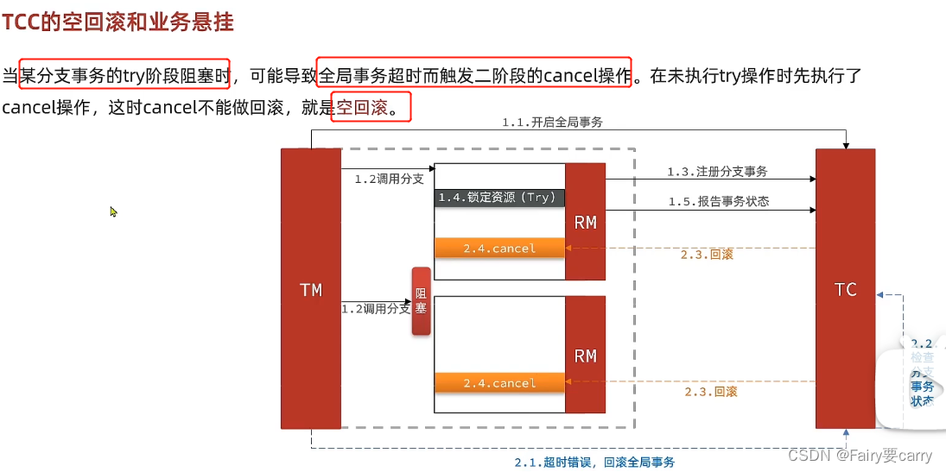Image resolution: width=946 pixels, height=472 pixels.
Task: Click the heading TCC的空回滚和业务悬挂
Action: tap(118, 22)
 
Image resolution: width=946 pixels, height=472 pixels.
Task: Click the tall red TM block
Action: tap(311, 289)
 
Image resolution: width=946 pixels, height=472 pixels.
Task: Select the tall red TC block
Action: tap(845, 289)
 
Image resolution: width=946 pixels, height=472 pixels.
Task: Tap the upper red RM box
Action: tap(585, 222)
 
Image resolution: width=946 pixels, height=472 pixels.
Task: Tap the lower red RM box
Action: tap(585, 356)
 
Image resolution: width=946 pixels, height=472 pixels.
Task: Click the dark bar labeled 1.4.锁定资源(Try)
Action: tap(499, 198)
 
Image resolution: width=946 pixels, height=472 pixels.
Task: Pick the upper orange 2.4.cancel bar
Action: tap(499, 249)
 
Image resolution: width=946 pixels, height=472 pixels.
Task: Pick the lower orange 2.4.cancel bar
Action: tap(499, 383)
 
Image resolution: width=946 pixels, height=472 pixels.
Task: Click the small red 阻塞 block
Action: tap(421, 301)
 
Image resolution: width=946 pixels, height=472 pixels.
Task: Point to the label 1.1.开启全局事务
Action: tap(552, 123)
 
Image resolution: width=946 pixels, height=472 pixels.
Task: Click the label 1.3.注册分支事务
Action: tap(717, 172)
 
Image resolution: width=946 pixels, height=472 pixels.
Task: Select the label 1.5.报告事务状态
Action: tap(718, 202)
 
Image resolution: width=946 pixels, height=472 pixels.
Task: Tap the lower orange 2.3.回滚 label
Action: tap(711, 392)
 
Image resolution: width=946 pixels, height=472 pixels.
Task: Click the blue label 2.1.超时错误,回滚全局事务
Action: tap(594, 462)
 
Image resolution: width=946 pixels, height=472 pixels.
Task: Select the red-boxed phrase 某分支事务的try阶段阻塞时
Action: tap(124, 76)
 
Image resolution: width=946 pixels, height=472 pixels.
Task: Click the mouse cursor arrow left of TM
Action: tap(113, 211)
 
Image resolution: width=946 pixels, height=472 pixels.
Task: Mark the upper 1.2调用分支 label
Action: tap(389, 179)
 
